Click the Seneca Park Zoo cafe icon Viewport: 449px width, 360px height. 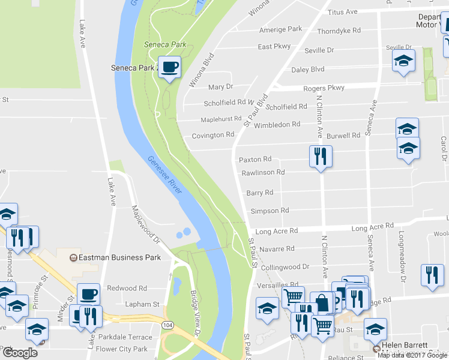169,67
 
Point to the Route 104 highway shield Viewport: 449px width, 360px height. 167,324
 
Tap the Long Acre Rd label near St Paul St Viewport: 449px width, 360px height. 277,231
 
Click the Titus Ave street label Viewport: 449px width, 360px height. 343,12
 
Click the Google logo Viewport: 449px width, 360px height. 20,352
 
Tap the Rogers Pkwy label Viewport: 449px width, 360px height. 324,88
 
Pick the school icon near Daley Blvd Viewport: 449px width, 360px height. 403,61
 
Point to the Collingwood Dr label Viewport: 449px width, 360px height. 285,266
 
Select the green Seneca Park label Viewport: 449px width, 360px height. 165,44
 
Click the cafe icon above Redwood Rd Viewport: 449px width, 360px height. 88,294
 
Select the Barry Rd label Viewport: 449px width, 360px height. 259,193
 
